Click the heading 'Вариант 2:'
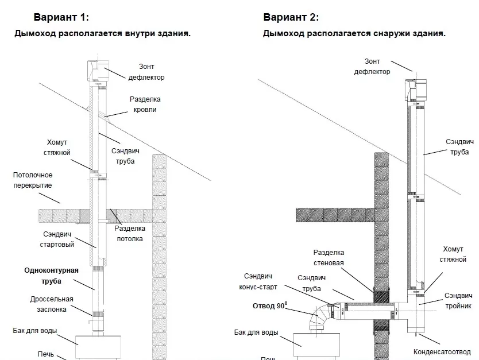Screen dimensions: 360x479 291,18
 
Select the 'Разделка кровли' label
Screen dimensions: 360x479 144,104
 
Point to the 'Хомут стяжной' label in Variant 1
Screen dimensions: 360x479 57,147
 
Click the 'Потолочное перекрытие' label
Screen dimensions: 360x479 33,180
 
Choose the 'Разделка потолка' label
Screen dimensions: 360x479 129,234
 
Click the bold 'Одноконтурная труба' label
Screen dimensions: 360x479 51,276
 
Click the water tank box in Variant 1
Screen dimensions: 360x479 100,345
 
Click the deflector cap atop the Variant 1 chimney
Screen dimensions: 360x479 96,71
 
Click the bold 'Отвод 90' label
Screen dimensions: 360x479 269,306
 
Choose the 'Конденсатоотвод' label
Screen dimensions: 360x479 442,351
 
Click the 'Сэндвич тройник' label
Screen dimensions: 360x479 458,300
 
